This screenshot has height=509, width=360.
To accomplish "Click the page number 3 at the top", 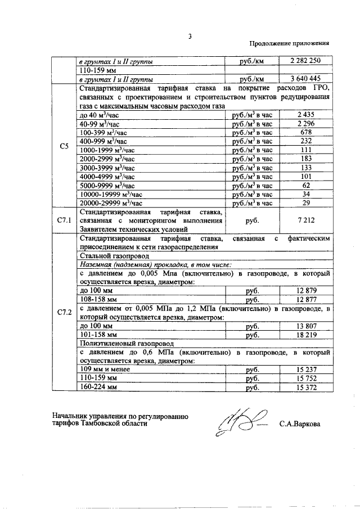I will coord(190,37).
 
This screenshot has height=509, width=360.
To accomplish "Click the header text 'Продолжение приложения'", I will coord(289,44).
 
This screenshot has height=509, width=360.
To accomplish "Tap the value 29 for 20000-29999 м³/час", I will coord(306,202).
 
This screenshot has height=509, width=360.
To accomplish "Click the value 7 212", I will coord(306,220).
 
